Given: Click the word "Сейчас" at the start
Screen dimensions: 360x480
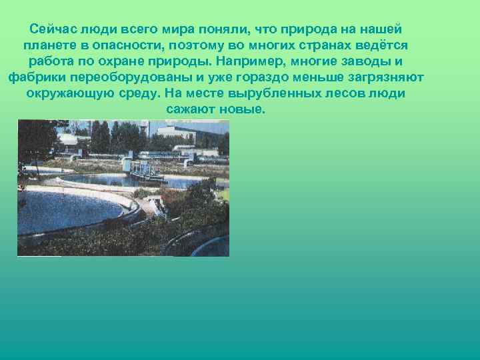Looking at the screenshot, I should coord(53,30).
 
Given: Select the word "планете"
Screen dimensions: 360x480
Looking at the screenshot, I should coord(47,46).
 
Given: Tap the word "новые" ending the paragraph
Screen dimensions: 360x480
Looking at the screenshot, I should coord(243,109).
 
